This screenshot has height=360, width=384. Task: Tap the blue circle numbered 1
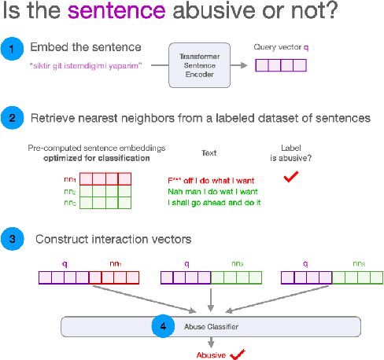[x=11, y=50]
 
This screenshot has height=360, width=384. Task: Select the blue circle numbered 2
[x=11, y=119]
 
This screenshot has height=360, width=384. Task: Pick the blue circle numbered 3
[x=11, y=238]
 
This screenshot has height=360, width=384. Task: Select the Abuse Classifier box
[x=210, y=326]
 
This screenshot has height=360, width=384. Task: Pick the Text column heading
[x=209, y=153]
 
